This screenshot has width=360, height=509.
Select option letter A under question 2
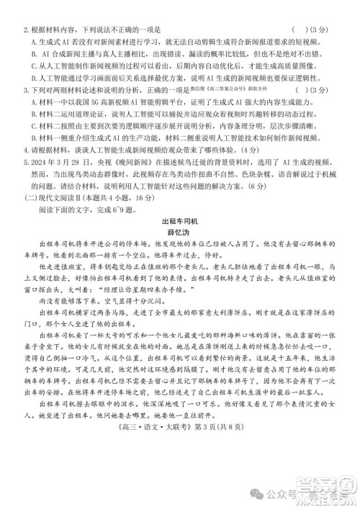click(x=33, y=42)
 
